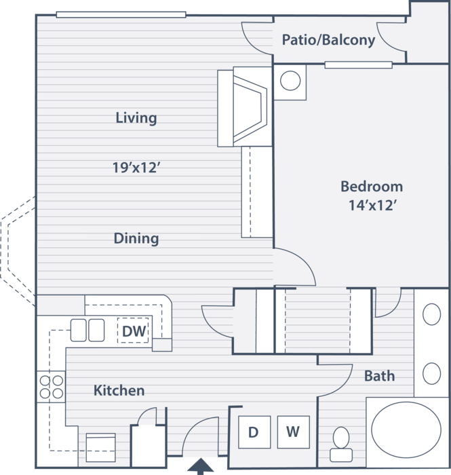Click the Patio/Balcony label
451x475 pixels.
pyautogui.click(x=328, y=40)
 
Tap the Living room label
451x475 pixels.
pyautogui.click(x=136, y=118)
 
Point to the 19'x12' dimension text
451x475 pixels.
pyautogui.click(x=136, y=168)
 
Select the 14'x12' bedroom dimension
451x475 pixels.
pyautogui.click(x=372, y=206)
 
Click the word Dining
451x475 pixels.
pyautogui.click(x=136, y=238)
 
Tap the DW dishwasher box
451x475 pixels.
pyautogui.click(x=133, y=330)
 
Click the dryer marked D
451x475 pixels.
pyautogui.click(x=254, y=432)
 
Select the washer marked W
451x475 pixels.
pyautogui.click(x=293, y=432)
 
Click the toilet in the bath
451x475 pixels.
pyautogui.click(x=341, y=444)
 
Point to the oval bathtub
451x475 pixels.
pyautogui.click(x=406, y=430)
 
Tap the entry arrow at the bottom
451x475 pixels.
pyautogui.click(x=200, y=466)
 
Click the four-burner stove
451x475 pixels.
pyautogui.click(x=51, y=387)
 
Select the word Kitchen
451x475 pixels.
pyautogui.click(x=119, y=390)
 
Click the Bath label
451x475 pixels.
pyautogui.click(x=380, y=376)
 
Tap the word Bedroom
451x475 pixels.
pyautogui.click(x=372, y=187)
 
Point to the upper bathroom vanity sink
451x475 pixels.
pyautogui.click(x=431, y=314)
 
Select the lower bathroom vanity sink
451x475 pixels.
pyautogui.click(x=431, y=373)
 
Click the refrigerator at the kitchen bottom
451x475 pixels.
pyautogui.click(x=100, y=447)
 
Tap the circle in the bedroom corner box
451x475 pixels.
pyautogui.click(x=290, y=81)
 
